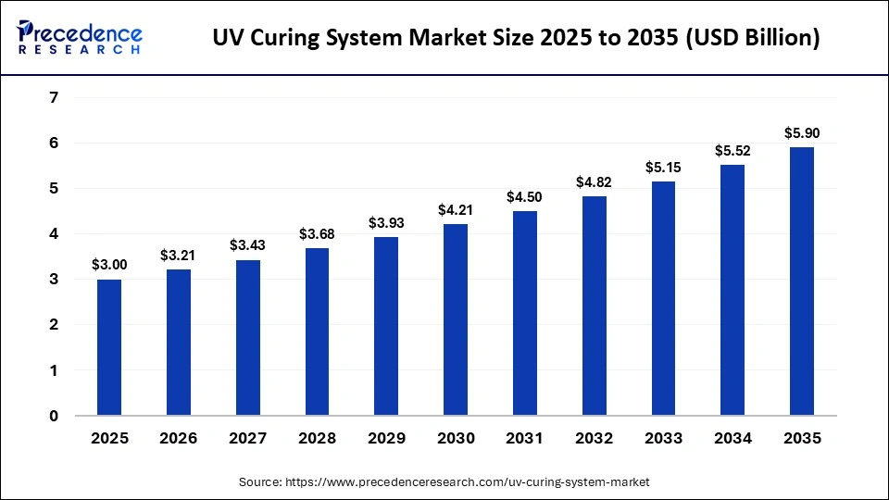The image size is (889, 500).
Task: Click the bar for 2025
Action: point(109,347)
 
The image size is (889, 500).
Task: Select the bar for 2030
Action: point(456,319)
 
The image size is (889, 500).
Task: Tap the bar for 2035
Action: point(802,281)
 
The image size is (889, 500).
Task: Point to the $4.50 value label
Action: point(525,196)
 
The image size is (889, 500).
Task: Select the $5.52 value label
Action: point(732,150)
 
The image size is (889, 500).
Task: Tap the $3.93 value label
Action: point(386,222)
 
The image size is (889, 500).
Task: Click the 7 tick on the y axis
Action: point(54,97)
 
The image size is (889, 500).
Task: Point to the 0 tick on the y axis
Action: point(54,416)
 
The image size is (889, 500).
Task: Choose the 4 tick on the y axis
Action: point(54,234)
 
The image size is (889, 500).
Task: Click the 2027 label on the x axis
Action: point(247,438)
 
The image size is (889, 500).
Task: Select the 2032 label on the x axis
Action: point(594,438)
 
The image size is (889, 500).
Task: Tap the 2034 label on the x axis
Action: point(732,438)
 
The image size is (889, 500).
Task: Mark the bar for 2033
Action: point(663,298)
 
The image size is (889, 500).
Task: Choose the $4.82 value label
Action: point(594,181)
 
